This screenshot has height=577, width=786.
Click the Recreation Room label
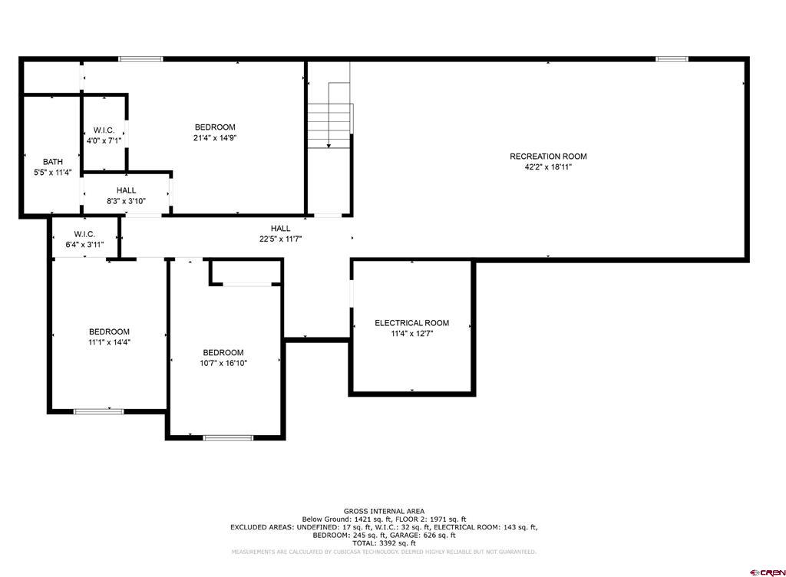click(548, 157)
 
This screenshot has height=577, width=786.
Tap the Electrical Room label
click(411, 323)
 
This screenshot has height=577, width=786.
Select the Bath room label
click(53, 162)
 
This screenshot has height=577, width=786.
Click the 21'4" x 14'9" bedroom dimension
click(215, 138)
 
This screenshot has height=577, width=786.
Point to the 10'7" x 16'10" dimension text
click(223, 363)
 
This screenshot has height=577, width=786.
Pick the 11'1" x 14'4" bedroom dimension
click(109, 342)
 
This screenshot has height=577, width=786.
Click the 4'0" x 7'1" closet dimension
click(104, 140)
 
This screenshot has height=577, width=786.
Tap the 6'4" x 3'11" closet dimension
click(84, 245)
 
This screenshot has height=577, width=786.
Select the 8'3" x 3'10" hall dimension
click(126, 201)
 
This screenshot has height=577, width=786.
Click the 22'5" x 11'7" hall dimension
click(280, 239)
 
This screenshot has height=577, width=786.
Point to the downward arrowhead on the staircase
click(329, 146)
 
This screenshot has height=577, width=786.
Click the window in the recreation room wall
click(672, 59)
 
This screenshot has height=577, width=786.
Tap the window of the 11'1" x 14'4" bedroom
click(99, 412)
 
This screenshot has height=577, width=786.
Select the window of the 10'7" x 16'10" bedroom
click(228, 438)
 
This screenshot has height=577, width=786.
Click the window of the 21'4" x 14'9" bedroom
click(141, 59)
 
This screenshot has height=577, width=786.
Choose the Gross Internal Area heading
click(384, 511)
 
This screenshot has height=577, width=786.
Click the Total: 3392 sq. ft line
click(384, 543)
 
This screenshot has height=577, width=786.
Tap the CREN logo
click(767, 572)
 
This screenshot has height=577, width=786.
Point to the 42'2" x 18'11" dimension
click(548, 167)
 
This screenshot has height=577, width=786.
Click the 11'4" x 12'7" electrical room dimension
click(411, 334)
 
